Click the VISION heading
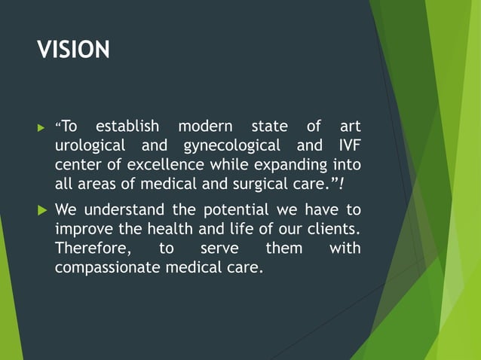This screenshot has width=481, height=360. click(x=74, y=50)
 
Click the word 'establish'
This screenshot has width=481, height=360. click(x=129, y=125)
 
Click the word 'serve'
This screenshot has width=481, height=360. click(x=219, y=249)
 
